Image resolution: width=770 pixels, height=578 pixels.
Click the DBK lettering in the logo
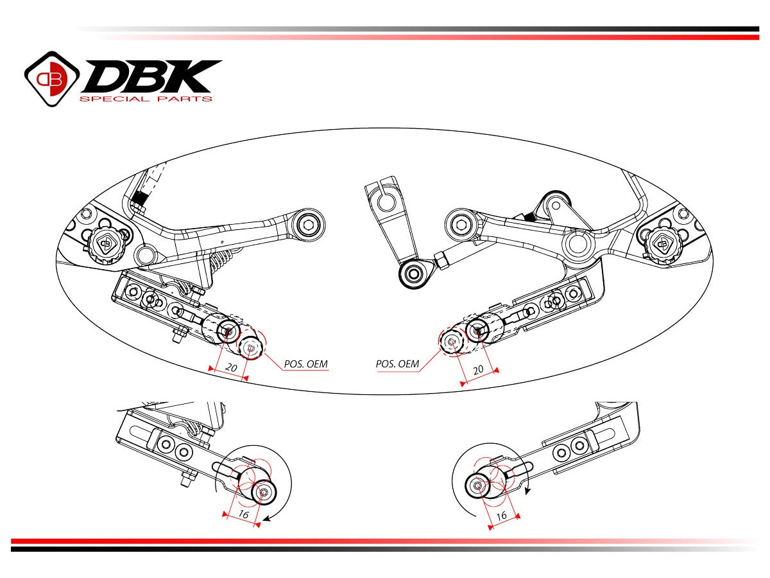[x=151, y=76]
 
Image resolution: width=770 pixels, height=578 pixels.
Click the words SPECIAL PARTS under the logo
[x=145, y=99]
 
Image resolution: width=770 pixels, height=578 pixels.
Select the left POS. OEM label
[x=305, y=364]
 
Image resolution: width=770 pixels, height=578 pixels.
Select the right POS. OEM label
[x=397, y=364]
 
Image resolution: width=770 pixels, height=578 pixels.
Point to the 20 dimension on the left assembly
[x=230, y=368]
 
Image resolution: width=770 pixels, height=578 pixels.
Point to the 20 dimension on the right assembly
[x=478, y=370]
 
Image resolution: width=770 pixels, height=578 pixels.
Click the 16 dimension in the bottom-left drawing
[x=243, y=514]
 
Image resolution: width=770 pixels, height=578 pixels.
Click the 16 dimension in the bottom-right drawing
[x=502, y=515]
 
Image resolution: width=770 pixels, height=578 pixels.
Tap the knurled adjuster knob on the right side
[x=660, y=242]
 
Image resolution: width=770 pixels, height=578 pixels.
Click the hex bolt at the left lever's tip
[x=311, y=225]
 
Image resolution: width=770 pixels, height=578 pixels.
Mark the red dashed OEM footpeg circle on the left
[x=252, y=347]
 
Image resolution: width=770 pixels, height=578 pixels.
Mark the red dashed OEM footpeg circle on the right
[x=452, y=341]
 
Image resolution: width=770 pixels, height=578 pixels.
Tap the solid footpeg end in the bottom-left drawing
[x=263, y=493]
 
